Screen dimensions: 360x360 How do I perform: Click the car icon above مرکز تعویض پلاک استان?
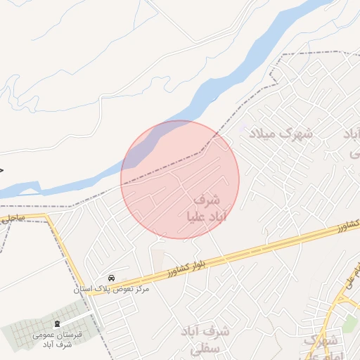click(112, 278)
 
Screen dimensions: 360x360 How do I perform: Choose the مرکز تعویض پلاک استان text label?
click(112, 289)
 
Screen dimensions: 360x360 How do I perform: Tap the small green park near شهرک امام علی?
click(349, 323)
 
